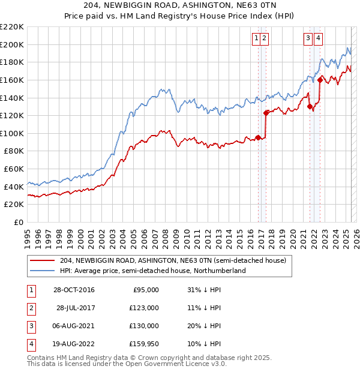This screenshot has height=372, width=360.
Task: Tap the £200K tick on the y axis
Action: coord(12,44)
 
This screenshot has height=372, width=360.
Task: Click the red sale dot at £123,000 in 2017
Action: coord(266,112)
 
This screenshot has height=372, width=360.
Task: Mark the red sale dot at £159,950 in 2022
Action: coord(320,79)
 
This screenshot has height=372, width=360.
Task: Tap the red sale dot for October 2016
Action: coord(258,137)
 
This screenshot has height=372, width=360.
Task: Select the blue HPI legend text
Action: coord(153,271)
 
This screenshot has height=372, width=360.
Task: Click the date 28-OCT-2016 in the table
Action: coord(73,290)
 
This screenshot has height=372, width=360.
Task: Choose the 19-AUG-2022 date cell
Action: coord(73,344)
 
